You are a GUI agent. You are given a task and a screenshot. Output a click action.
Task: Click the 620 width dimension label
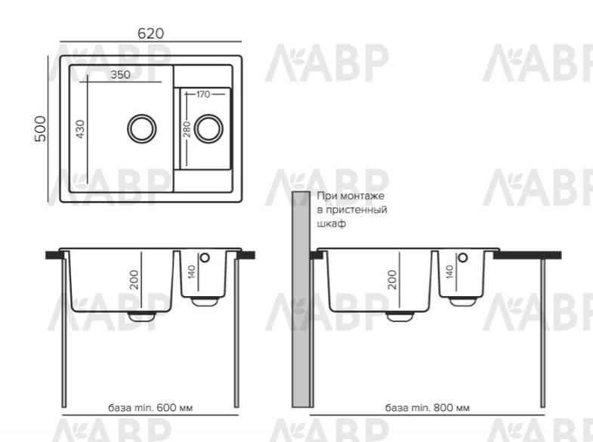150,34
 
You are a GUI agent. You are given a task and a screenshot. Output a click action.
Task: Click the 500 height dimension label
40,129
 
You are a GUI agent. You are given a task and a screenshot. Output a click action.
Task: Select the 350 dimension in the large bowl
120,75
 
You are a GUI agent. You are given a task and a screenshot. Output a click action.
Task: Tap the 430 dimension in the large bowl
80,129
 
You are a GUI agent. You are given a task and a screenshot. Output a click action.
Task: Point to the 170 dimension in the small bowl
203,94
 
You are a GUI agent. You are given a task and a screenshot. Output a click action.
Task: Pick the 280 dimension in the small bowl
187,130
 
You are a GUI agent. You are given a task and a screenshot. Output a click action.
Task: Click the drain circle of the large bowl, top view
142,128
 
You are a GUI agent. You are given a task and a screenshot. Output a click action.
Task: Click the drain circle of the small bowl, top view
208,128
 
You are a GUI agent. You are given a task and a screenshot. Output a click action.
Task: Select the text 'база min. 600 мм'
150,408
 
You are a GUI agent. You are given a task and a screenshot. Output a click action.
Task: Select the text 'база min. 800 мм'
428,408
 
